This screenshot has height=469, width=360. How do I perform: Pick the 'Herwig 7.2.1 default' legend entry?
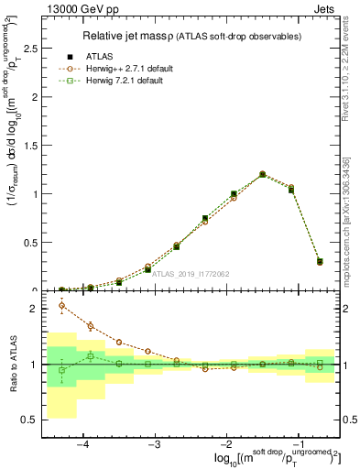[128, 81]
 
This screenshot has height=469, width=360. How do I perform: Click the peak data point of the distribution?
[262, 173]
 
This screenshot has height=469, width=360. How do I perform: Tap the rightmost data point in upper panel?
[320, 262]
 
